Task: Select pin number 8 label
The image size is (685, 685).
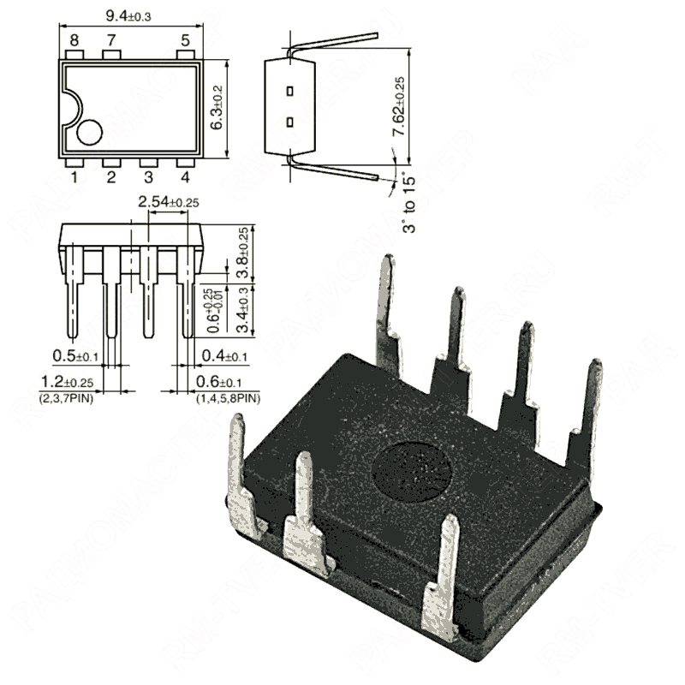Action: click(74, 40)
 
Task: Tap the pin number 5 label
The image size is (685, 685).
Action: click(185, 40)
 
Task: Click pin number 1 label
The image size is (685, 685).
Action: click(74, 177)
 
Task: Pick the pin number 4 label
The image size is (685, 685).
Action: click(185, 177)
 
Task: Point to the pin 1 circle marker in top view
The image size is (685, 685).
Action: click(89, 132)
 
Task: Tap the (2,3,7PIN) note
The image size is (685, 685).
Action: click(68, 398)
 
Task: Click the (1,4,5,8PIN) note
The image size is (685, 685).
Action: click(228, 398)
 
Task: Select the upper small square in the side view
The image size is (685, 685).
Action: click(291, 90)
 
